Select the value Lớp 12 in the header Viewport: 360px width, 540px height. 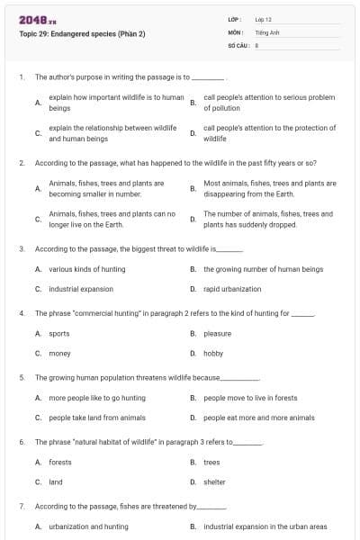264,19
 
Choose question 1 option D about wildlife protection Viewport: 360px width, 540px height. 269,133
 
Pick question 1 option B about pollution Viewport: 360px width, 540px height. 269,102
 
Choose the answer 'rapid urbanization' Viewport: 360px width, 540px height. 232,289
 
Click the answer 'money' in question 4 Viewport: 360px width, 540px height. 60,354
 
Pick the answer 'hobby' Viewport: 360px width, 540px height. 213,354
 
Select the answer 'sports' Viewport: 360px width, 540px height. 60,334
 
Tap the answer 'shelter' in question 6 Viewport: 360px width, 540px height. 215,482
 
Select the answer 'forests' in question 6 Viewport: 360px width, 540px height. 60,463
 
